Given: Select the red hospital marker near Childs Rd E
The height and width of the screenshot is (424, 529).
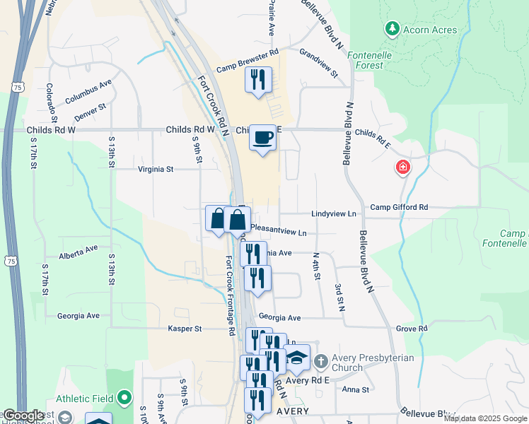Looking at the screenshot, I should [402, 168].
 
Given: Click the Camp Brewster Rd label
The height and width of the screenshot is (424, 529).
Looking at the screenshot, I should [248, 61].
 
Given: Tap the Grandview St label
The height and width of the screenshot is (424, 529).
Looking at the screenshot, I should [318, 62].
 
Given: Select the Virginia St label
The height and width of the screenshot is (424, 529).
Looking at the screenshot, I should [156, 170].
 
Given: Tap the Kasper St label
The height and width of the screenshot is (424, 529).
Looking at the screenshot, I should [185, 329].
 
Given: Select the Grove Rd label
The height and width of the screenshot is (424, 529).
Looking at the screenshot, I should [412, 329].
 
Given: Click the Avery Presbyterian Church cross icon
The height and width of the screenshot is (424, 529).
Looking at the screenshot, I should [320, 362].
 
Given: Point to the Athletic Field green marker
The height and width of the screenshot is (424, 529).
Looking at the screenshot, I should [124, 399].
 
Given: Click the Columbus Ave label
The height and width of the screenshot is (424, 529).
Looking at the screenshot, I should [88, 92].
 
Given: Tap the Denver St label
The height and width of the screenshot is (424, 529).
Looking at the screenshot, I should [91, 111].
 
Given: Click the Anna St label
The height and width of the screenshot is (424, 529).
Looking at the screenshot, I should [355, 389].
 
